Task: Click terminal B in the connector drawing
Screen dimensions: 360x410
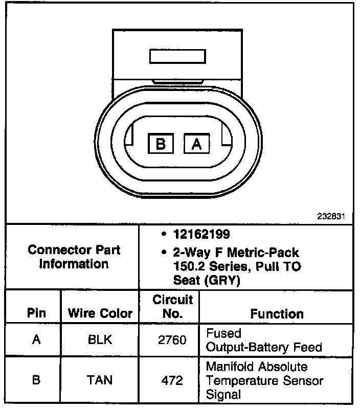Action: (x=161, y=144)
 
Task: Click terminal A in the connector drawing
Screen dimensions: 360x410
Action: (x=196, y=144)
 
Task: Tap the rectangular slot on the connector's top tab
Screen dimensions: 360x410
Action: (x=176, y=56)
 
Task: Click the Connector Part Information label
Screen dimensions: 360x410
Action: (x=74, y=257)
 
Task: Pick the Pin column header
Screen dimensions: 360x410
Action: (x=36, y=313)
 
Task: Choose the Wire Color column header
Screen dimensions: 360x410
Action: (x=100, y=313)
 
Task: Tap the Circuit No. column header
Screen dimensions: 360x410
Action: (x=173, y=306)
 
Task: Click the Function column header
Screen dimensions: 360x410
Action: (x=277, y=313)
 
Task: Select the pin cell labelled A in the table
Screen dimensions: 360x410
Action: (x=36, y=339)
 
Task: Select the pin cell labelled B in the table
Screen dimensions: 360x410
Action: (x=36, y=380)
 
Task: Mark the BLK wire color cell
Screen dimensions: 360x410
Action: (x=100, y=339)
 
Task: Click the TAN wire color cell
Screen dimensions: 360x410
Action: (x=100, y=380)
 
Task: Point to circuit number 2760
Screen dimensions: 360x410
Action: (x=173, y=339)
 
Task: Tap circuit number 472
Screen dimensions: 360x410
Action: (x=173, y=380)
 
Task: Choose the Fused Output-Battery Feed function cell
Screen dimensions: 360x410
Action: (x=263, y=340)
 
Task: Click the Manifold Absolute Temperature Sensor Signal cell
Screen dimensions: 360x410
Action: (x=264, y=381)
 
